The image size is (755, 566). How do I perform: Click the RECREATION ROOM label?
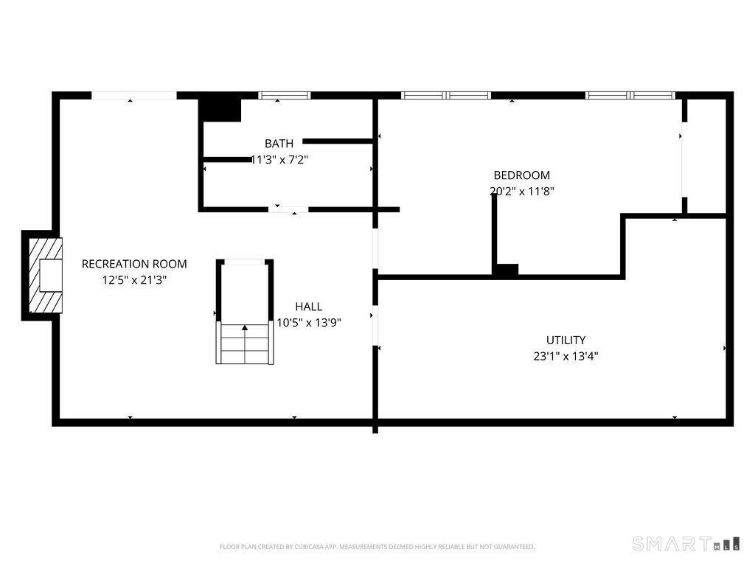click(x=134, y=264)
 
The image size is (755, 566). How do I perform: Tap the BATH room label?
click(x=279, y=144)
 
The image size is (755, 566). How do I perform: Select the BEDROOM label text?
click(x=521, y=175)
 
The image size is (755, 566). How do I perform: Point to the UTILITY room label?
click(x=566, y=340)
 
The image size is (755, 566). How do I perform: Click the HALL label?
click(x=309, y=307)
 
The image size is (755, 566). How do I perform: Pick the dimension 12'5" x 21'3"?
click(x=134, y=279)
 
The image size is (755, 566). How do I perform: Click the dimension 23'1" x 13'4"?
click(x=566, y=356)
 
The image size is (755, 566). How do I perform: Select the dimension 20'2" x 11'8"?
click(x=521, y=191)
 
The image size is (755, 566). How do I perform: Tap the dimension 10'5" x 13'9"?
click(x=309, y=323)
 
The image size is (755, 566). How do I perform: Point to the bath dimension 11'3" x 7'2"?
click(x=279, y=159)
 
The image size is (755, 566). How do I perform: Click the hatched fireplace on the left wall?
click(x=46, y=276)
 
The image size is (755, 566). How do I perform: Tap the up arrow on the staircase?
click(x=245, y=328)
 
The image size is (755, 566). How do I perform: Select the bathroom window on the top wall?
click(x=284, y=95)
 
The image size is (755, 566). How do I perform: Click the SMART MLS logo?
click(x=686, y=543)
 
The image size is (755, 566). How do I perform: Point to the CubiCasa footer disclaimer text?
click(x=377, y=547)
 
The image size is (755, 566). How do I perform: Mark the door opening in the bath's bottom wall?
click(x=288, y=209)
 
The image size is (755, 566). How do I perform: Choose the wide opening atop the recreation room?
click(x=134, y=95)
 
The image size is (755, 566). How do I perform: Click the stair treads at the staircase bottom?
click(x=245, y=343)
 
